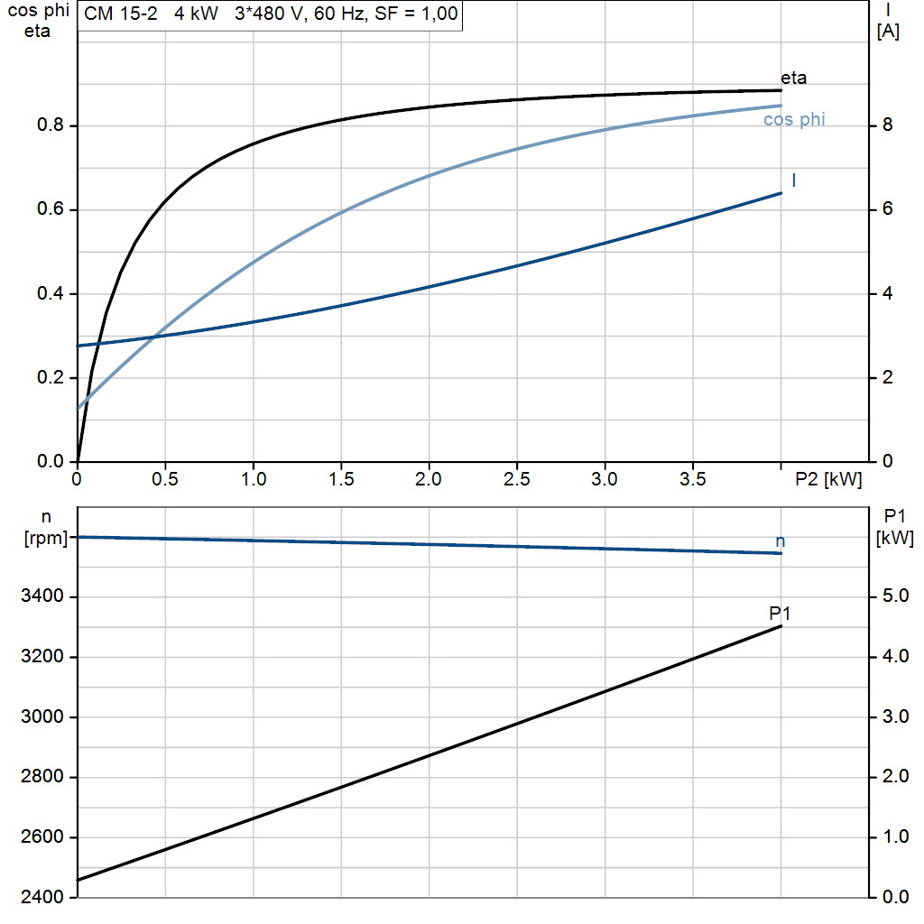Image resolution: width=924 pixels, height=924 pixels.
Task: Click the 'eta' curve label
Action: coord(793,78)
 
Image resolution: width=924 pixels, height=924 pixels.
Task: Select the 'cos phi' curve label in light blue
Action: coord(794,119)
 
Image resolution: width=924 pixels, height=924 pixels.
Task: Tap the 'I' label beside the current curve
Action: coord(793,180)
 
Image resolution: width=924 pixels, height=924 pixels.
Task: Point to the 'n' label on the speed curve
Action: coord(781,541)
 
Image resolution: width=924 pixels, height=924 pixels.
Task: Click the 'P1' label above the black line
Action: coord(780,614)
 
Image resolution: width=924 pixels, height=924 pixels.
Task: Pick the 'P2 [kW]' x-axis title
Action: coord(828,480)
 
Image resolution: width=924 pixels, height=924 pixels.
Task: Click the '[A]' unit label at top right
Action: coord(888,32)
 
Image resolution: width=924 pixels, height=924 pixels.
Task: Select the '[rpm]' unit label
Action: coord(45,539)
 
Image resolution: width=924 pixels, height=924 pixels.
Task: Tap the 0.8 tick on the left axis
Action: coord(50,125)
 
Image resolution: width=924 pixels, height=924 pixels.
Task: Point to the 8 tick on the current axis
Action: coord(887,125)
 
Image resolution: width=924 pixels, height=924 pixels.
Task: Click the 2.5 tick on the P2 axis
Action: coord(516,480)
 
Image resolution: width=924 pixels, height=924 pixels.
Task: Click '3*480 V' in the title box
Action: coord(269,14)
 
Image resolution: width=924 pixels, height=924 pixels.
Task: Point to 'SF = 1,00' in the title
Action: coord(415,14)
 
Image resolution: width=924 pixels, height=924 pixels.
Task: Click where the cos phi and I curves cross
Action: coord(154,337)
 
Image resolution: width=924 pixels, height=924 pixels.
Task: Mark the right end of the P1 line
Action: coord(781,626)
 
